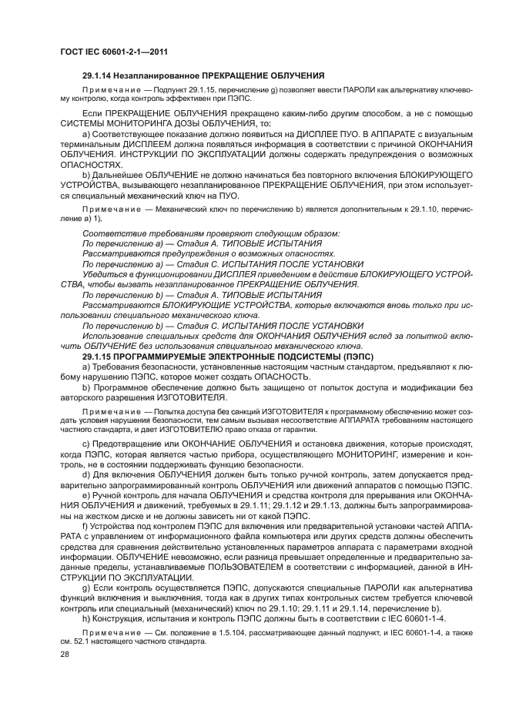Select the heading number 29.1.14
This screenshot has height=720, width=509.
[98, 76]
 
